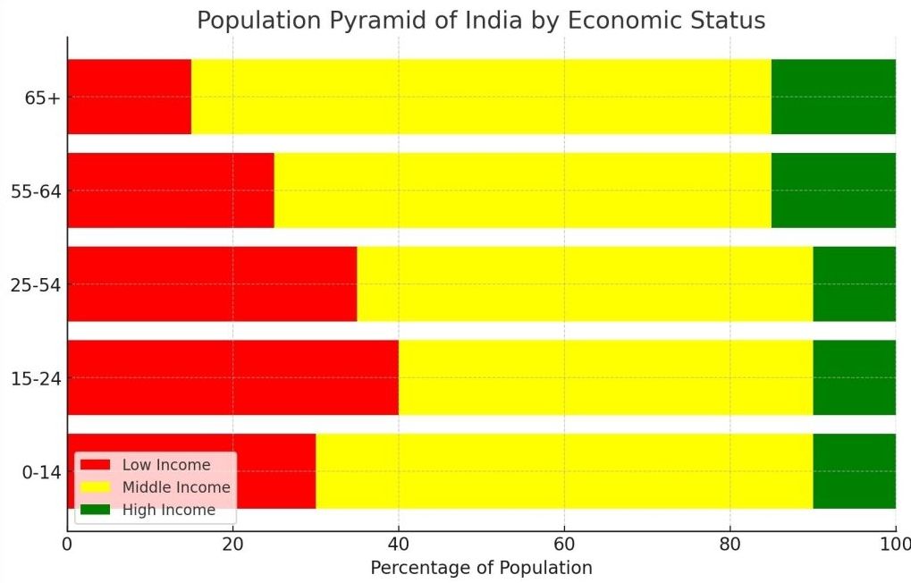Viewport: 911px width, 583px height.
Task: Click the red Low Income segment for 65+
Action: tap(129, 97)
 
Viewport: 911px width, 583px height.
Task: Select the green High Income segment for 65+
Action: tap(833, 97)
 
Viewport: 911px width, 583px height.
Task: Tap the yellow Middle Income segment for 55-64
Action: tap(522, 190)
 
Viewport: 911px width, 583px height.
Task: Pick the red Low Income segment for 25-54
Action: tap(212, 283)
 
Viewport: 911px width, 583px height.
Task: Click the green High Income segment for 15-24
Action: tap(854, 377)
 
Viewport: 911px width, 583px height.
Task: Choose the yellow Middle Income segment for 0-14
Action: tap(563, 471)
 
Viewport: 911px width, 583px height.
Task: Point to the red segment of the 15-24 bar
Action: tap(232, 377)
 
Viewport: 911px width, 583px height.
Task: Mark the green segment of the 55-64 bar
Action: tap(833, 190)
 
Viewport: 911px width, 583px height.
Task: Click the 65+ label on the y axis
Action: tap(42, 97)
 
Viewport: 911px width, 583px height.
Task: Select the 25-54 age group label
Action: tap(36, 284)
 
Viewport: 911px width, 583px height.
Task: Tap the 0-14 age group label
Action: tap(41, 472)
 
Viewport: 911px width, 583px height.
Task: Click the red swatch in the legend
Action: tap(96, 465)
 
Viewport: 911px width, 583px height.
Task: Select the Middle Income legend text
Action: tap(176, 487)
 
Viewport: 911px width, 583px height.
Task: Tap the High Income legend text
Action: tap(169, 510)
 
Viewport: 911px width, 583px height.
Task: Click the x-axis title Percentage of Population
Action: tap(481, 568)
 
